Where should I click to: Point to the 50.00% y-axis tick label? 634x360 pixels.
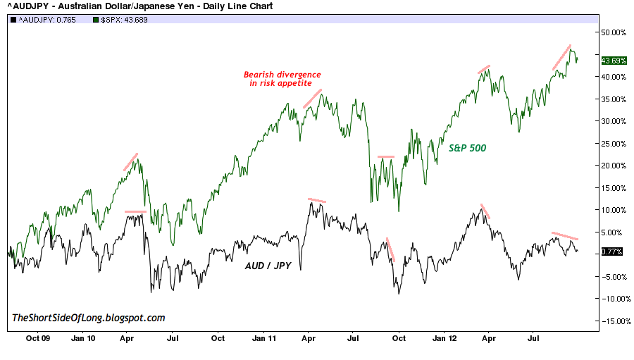[x=613, y=32]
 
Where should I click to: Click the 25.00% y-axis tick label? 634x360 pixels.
[x=613, y=144]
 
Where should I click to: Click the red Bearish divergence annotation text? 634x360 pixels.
[x=282, y=78]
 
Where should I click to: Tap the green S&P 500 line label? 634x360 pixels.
[x=468, y=149]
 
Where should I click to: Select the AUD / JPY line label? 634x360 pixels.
[x=269, y=267]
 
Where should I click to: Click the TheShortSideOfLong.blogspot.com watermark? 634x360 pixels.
[x=89, y=318]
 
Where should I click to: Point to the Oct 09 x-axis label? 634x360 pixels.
[x=38, y=337]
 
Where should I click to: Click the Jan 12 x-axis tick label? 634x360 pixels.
[x=444, y=337]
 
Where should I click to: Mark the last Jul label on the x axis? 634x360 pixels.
[x=533, y=337]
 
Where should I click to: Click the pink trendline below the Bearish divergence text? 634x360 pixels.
[x=312, y=99]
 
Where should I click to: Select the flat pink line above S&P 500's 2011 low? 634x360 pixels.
[x=386, y=156]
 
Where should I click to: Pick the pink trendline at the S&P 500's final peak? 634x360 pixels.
[x=561, y=57]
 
